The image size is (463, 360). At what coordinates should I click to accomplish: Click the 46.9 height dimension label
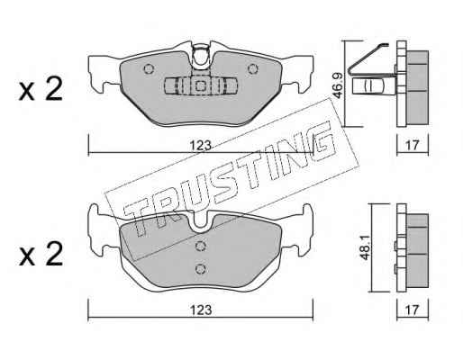pyautogui.click(x=338, y=87)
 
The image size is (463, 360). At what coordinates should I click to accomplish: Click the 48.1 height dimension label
pyautogui.click(x=365, y=247)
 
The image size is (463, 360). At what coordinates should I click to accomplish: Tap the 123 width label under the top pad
pyautogui.click(x=201, y=146)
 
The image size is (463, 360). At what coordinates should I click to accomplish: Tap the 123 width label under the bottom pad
pyautogui.click(x=201, y=310)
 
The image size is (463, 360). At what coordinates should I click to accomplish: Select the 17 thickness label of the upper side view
pyautogui.click(x=412, y=146)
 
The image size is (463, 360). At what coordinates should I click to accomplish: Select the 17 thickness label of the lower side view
pyautogui.click(x=412, y=310)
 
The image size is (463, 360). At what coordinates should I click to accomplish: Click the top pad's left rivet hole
pyautogui.click(x=149, y=69)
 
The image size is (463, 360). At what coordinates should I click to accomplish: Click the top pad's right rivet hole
pyautogui.click(x=253, y=69)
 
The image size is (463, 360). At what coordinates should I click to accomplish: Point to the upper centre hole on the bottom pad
pyautogui.click(x=200, y=247)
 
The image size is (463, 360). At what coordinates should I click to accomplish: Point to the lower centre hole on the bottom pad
pyautogui.click(x=200, y=269)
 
